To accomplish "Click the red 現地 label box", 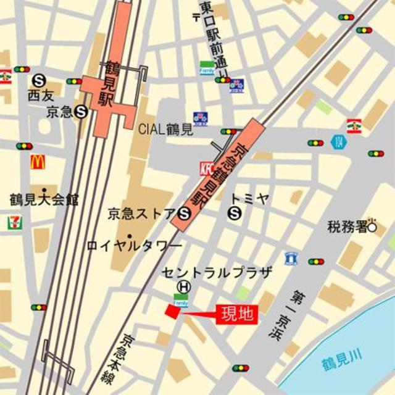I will coord(236,314).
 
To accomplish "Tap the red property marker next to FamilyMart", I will coord(170,312).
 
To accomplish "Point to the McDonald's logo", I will coord(38,162).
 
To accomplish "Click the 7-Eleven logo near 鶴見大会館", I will coord(12,223).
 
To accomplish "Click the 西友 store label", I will coord(41,96).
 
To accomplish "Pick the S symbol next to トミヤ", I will coord(235,214).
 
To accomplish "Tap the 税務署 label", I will coord(347,227).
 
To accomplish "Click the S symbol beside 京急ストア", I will coord(183,214).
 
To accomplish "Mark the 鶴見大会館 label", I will coord(44,200).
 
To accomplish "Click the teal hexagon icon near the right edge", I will coord(339,141).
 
